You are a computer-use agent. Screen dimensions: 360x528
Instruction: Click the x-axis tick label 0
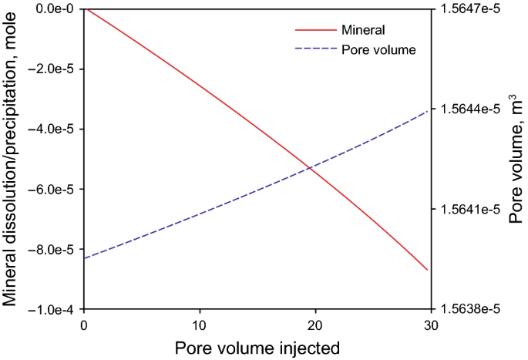tap(84, 325)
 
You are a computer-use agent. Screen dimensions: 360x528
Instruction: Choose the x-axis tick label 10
tap(200, 325)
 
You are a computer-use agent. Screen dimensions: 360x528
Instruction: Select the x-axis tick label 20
tap(315, 325)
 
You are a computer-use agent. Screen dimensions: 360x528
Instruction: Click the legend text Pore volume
tap(379, 49)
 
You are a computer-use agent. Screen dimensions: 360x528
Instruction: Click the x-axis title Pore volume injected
tap(257, 347)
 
